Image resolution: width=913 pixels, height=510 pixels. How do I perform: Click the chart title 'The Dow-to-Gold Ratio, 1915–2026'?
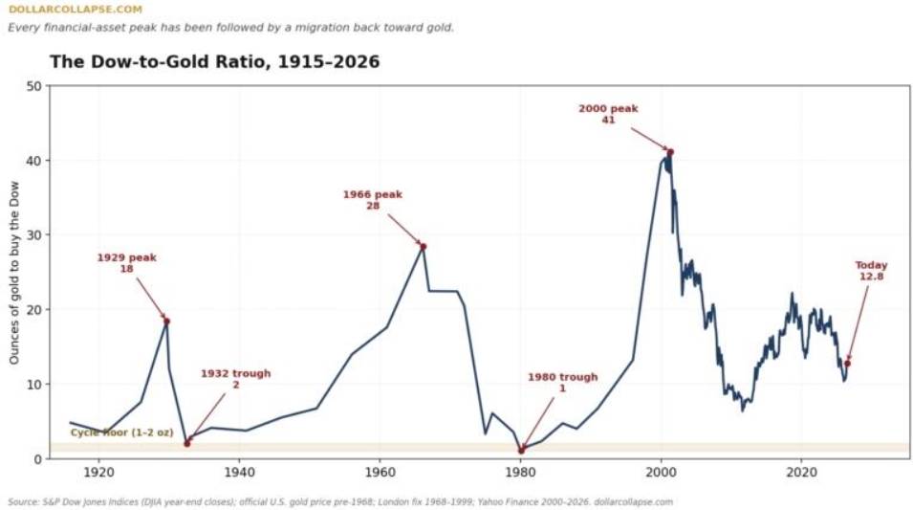214,62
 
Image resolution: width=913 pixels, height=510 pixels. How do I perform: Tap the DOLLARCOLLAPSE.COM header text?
76,10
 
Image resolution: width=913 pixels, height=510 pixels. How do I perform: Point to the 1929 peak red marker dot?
166,322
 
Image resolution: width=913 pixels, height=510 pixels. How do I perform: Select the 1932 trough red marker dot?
187,444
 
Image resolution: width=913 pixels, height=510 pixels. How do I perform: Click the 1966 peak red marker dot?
424,247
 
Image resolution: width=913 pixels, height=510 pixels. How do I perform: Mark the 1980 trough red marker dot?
521,451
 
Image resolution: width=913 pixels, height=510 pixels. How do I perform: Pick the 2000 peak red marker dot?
670,153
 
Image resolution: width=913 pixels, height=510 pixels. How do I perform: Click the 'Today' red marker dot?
847,364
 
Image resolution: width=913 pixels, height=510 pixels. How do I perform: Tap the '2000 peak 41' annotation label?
608,114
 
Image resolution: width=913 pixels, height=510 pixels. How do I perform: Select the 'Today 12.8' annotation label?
871,271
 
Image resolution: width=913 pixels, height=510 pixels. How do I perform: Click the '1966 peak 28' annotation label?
373,200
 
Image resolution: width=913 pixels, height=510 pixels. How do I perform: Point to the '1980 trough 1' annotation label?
562,383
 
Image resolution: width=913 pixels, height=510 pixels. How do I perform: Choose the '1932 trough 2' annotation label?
236,379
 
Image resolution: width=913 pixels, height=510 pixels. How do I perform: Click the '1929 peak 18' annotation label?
126,263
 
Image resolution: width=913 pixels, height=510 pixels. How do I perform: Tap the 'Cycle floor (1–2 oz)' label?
121,432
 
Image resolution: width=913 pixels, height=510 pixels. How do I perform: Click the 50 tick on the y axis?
35,86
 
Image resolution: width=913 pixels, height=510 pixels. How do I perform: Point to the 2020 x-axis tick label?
802,471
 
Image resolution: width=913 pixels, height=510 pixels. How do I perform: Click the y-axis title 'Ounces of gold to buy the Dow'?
14,273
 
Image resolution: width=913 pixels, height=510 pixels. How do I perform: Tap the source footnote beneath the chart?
340,501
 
